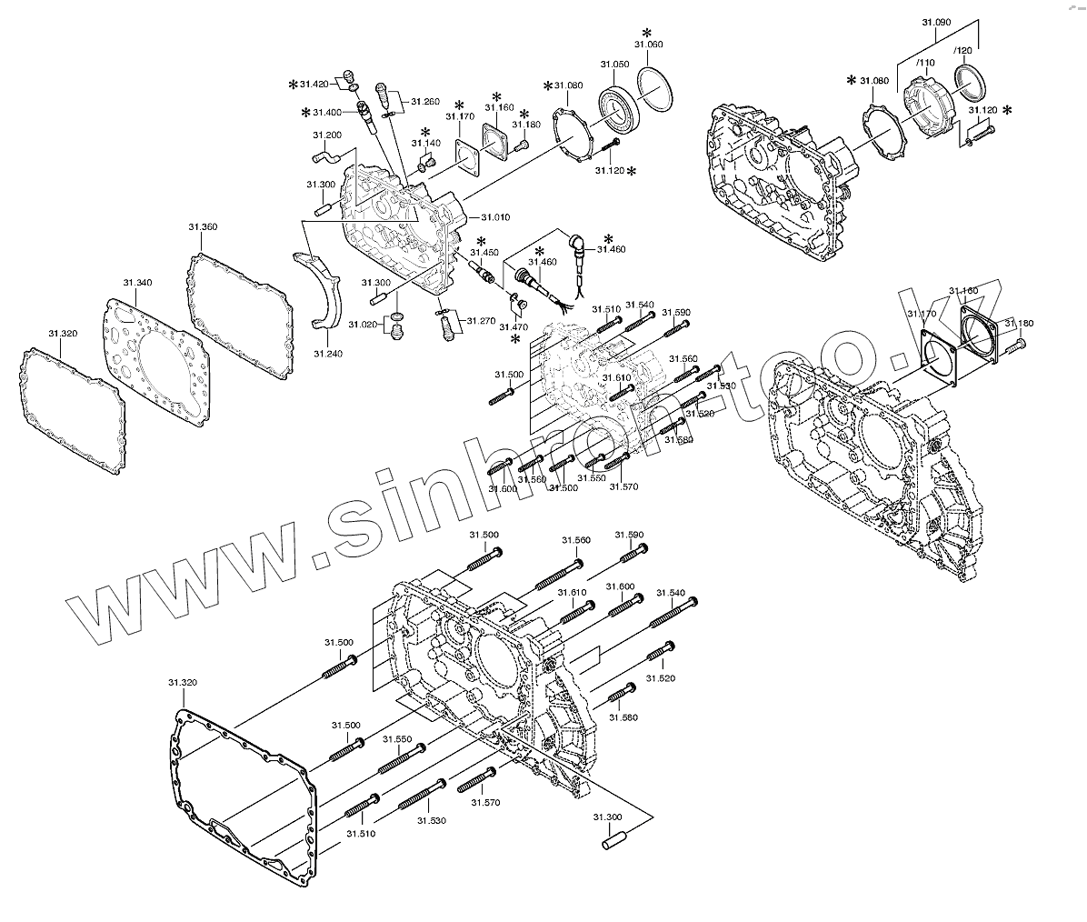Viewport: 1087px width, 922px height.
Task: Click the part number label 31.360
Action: click(203, 227)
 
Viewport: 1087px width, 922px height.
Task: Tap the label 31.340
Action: click(137, 283)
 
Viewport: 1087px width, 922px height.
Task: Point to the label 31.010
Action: click(495, 217)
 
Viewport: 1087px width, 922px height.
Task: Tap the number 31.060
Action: click(648, 45)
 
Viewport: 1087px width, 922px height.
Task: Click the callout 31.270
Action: click(481, 321)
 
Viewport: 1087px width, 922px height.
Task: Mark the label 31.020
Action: click(364, 325)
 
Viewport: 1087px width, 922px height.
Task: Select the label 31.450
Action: click(484, 252)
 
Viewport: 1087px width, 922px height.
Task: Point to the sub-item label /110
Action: click(924, 63)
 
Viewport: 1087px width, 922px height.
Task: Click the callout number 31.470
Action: click(515, 326)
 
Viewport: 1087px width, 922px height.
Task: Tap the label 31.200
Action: click(327, 135)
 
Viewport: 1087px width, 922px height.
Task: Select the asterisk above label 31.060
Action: click(646, 32)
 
